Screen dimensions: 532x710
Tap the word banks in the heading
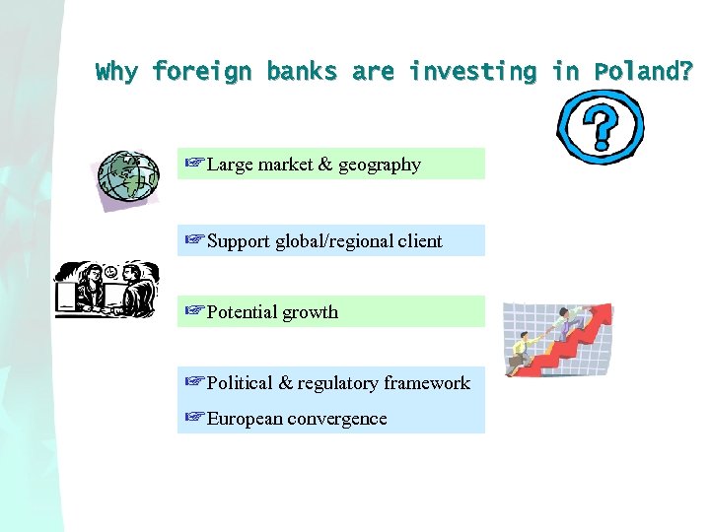point(302,72)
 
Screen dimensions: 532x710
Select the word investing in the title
point(472,72)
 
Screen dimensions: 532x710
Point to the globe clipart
point(128,178)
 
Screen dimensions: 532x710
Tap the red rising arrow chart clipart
point(557,340)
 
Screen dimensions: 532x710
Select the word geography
point(380,166)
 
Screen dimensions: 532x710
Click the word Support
point(240,241)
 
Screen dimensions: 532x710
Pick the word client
point(421,241)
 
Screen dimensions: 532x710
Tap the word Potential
point(243,312)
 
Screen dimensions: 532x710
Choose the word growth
point(311,312)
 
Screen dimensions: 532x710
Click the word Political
point(241,383)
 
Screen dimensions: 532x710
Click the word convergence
point(338,419)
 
